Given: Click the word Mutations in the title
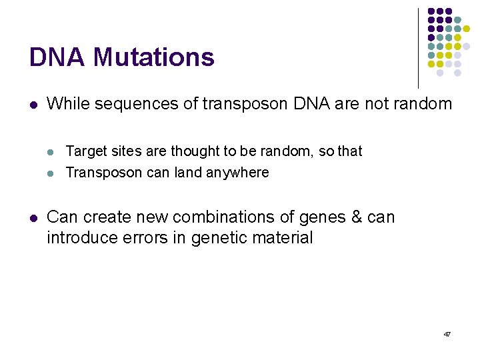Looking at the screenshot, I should click(154, 57).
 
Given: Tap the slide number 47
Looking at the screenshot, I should click(447, 333).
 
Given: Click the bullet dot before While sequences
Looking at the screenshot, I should click(33, 105).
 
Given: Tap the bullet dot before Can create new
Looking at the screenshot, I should click(33, 218).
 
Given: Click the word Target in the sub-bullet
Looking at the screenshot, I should click(85, 151).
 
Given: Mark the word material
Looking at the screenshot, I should click(282, 238).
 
